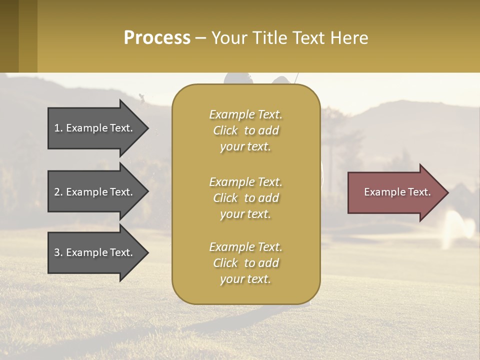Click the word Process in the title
(x=157, y=38)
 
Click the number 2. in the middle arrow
(x=58, y=192)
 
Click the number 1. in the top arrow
(x=58, y=128)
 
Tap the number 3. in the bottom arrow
(x=58, y=252)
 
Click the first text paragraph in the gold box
(x=245, y=130)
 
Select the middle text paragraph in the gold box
(x=245, y=198)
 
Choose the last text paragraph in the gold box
(x=245, y=263)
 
